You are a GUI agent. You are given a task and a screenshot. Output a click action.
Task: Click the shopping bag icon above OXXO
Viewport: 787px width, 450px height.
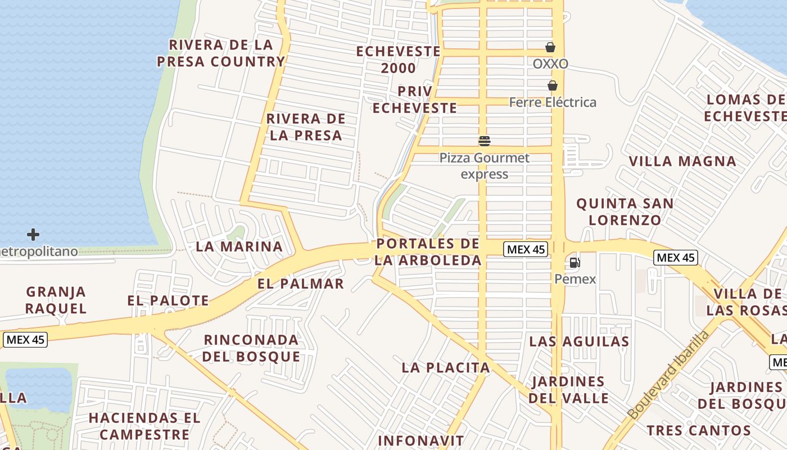[550, 47]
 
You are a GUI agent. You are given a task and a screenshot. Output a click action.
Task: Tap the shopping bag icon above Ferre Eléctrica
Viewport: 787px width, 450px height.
[553, 85]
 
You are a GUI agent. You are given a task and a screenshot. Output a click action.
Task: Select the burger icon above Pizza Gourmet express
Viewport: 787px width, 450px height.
[485, 141]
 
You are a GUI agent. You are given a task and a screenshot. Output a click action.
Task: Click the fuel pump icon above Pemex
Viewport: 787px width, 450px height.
[575, 262]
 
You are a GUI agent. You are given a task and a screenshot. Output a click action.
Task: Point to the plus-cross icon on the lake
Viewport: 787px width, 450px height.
[33, 234]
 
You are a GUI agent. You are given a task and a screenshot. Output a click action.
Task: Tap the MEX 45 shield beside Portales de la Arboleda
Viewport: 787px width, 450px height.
[525, 249]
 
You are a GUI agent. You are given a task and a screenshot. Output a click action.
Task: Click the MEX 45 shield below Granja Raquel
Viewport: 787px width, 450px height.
[25, 340]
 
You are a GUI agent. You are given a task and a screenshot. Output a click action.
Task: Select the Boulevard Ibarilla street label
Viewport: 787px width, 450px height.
[668, 376]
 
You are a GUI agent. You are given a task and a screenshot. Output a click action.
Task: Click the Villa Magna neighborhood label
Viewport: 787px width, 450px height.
[682, 161]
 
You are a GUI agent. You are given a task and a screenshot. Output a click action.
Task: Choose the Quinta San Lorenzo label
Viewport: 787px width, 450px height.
[625, 211]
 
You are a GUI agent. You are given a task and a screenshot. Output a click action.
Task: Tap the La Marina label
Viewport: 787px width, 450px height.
[239, 246]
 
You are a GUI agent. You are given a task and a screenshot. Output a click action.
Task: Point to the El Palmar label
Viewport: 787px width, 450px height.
[301, 283]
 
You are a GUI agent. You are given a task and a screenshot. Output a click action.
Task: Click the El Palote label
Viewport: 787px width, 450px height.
[168, 300]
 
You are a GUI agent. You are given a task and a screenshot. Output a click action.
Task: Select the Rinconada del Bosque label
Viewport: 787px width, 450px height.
[251, 348]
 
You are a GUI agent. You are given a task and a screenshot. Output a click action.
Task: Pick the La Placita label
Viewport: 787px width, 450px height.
[446, 368]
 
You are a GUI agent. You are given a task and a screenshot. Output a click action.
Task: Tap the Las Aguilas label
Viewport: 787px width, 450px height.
[579, 341]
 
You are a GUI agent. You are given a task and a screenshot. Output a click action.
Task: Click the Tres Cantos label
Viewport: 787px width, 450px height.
[699, 431]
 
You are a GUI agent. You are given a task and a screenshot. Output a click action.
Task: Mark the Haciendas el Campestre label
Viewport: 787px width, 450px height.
[144, 426]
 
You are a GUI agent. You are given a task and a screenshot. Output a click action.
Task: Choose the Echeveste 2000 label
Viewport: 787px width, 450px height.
[399, 60]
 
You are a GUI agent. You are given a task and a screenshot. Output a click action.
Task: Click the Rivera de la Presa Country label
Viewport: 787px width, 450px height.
[221, 53]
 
